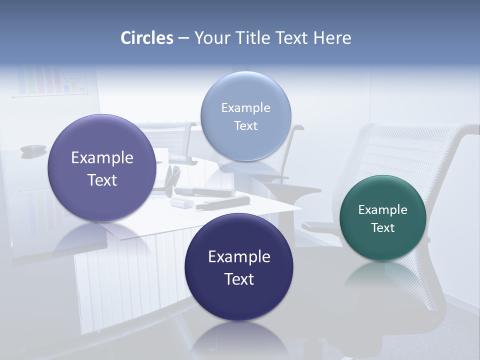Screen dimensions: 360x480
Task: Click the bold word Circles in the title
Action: pos(147,38)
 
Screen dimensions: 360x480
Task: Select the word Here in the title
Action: pos(332,38)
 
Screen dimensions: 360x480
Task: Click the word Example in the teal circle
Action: pos(383,210)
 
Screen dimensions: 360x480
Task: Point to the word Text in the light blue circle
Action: pos(245,126)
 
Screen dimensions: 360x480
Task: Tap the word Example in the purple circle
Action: pos(102,158)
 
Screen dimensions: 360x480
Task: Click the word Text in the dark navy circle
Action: pos(239,279)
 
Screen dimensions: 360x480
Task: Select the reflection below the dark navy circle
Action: pos(239,340)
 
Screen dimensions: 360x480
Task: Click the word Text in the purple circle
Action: pos(102,180)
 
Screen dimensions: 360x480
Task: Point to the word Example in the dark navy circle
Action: pos(239,257)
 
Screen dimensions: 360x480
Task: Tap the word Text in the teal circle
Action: pos(383,228)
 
